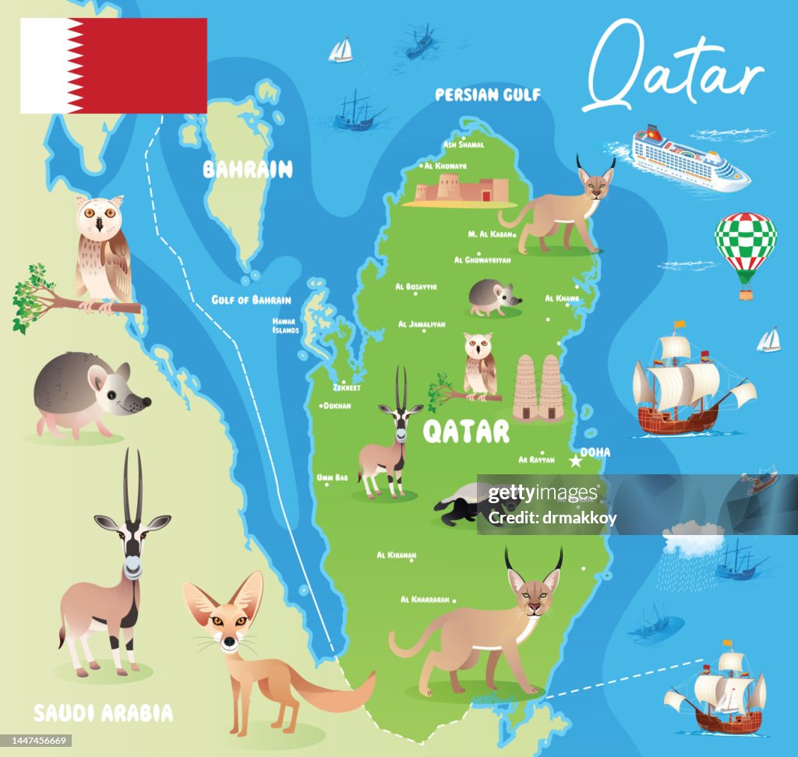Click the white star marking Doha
click(576, 461)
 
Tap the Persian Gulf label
click(488, 95)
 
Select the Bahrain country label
click(248, 170)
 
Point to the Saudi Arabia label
click(103, 712)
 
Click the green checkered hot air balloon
click(746, 248)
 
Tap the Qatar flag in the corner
click(114, 66)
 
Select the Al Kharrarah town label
click(425, 600)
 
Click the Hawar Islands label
click(285, 326)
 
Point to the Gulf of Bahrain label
click(251, 300)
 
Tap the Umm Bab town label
click(332, 477)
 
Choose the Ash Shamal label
click(464, 144)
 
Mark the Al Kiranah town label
click(397, 555)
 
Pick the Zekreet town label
click(347, 387)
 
